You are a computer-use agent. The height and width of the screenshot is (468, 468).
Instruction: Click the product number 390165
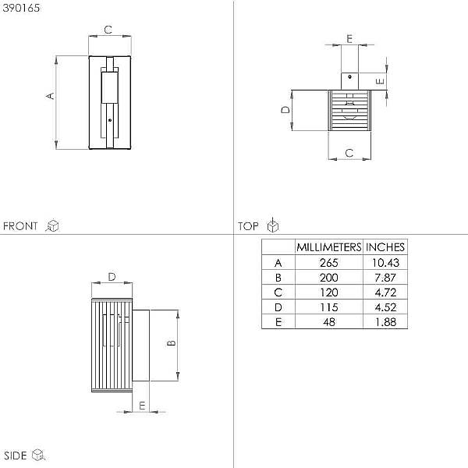(x=21, y=8)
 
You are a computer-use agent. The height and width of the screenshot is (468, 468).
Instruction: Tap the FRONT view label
(x=20, y=226)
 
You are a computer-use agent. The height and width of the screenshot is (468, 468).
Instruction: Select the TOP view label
(x=248, y=226)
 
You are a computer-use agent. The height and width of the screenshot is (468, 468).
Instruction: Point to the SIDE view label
(x=16, y=456)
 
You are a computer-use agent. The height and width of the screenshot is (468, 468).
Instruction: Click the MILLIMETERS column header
(x=329, y=247)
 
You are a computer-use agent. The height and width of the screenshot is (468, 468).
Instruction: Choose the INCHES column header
(x=385, y=247)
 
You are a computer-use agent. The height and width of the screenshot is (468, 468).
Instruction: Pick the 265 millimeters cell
(x=329, y=263)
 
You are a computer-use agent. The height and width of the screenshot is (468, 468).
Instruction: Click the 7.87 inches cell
(x=385, y=278)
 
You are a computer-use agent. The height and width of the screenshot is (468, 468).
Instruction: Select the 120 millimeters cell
(x=329, y=292)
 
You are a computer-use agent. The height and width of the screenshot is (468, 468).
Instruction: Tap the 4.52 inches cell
(x=385, y=307)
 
